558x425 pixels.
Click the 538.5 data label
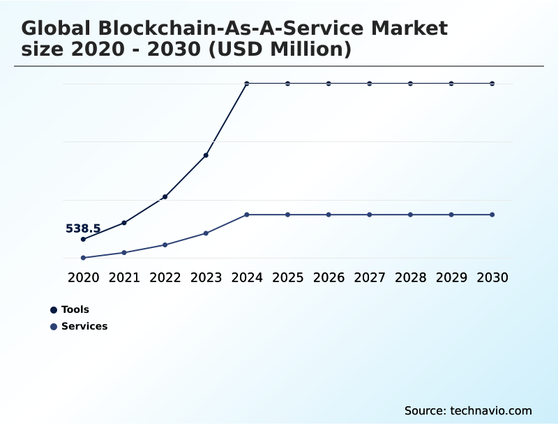[x=83, y=229]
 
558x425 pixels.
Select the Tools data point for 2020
[x=83, y=239]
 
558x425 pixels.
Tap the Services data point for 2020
[x=83, y=258]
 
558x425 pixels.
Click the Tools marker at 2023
[x=206, y=155]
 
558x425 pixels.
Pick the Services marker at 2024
[x=247, y=215]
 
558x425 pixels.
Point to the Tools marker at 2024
[x=247, y=84]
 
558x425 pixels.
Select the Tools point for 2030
[x=492, y=84]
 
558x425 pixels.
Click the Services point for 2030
[x=492, y=215]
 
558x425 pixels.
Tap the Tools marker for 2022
[x=165, y=196]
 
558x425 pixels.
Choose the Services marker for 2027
[x=370, y=215]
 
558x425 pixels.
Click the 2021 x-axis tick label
[x=124, y=277]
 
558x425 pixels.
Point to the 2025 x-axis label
[x=287, y=277]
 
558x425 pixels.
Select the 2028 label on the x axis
[x=410, y=277]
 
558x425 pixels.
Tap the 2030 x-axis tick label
[x=492, y=277]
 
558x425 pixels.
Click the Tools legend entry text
[x=75, y=309]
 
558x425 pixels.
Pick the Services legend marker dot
[x=54, y=326]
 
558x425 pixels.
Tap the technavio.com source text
[x=491, y=410]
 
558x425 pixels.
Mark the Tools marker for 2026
[x=329, y=84]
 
